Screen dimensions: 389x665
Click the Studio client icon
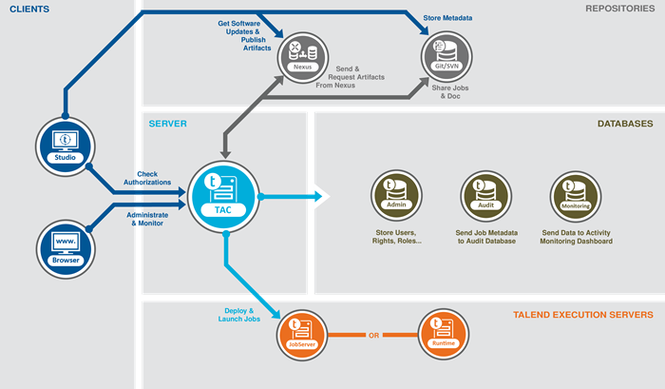point(65,144)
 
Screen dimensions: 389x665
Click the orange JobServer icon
point(301,335)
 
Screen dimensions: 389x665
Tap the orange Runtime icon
point(444,335)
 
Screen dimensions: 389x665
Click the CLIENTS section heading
point(29,10)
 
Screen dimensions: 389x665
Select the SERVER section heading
point(167,124)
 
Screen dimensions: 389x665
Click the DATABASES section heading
point(624,124)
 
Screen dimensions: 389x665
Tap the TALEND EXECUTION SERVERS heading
point(582,314)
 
